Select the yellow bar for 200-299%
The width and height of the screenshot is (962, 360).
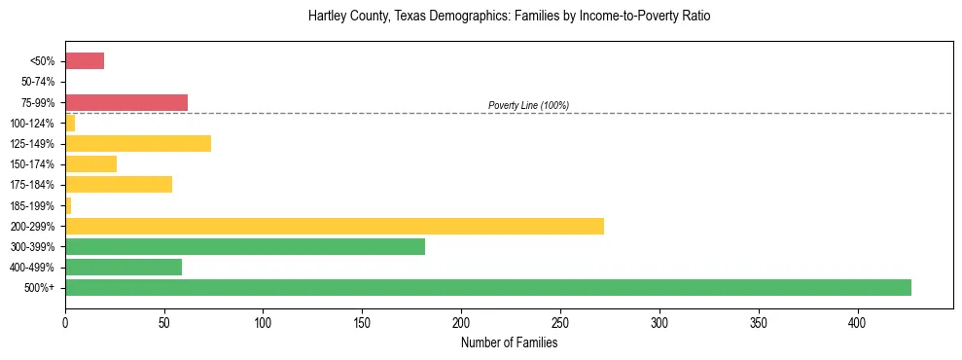(x=335, y=226)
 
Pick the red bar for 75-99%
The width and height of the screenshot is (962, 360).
(x=126, y=102)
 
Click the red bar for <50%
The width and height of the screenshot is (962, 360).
(x=85, y=60)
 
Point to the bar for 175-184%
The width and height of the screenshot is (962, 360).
(x=119, y=184)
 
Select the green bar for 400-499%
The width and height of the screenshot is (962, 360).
(x=124, y=267)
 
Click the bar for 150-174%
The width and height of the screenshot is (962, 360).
(x=90, y=163)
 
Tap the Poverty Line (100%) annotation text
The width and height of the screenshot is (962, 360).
(x=528, y=105)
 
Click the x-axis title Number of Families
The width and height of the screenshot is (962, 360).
(x=509, y=342)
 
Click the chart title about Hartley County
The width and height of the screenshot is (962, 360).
(x=509, y=17)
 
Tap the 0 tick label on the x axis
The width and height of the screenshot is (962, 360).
(x=65, y=322)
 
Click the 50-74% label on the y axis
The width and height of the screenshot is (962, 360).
(x=37, y=82)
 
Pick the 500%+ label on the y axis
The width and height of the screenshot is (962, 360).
(x=41, y=288)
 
